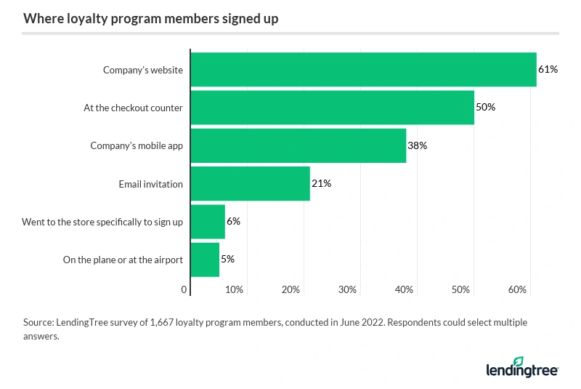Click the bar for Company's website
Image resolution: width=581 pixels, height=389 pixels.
[363, 70]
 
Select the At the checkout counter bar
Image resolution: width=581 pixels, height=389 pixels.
[332, 108]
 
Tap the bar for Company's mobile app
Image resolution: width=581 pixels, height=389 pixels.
[298, 145]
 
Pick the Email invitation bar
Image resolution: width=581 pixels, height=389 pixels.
[250, 184]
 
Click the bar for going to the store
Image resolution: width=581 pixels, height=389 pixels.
[208, 222]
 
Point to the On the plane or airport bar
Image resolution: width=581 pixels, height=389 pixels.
[205, 260]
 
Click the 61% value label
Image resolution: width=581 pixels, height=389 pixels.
[548, 70]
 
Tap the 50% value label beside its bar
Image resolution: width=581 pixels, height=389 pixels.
[485, 108]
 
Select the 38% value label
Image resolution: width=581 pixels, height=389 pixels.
[417, 145]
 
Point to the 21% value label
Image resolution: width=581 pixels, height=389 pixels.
[321, 184]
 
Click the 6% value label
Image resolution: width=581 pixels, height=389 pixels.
[233, 222]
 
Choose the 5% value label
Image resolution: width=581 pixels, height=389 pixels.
[227, 260]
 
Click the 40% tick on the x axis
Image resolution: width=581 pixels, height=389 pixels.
[405, 290]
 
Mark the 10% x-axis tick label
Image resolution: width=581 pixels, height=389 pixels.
[234, 290]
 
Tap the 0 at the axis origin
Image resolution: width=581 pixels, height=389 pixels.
[184, 290]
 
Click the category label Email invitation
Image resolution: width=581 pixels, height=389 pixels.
[150, 184]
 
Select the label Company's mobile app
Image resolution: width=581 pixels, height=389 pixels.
[137, 145]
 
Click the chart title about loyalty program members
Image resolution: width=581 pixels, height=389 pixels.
[150, 19]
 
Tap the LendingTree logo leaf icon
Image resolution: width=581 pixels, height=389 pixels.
[518, 361]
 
